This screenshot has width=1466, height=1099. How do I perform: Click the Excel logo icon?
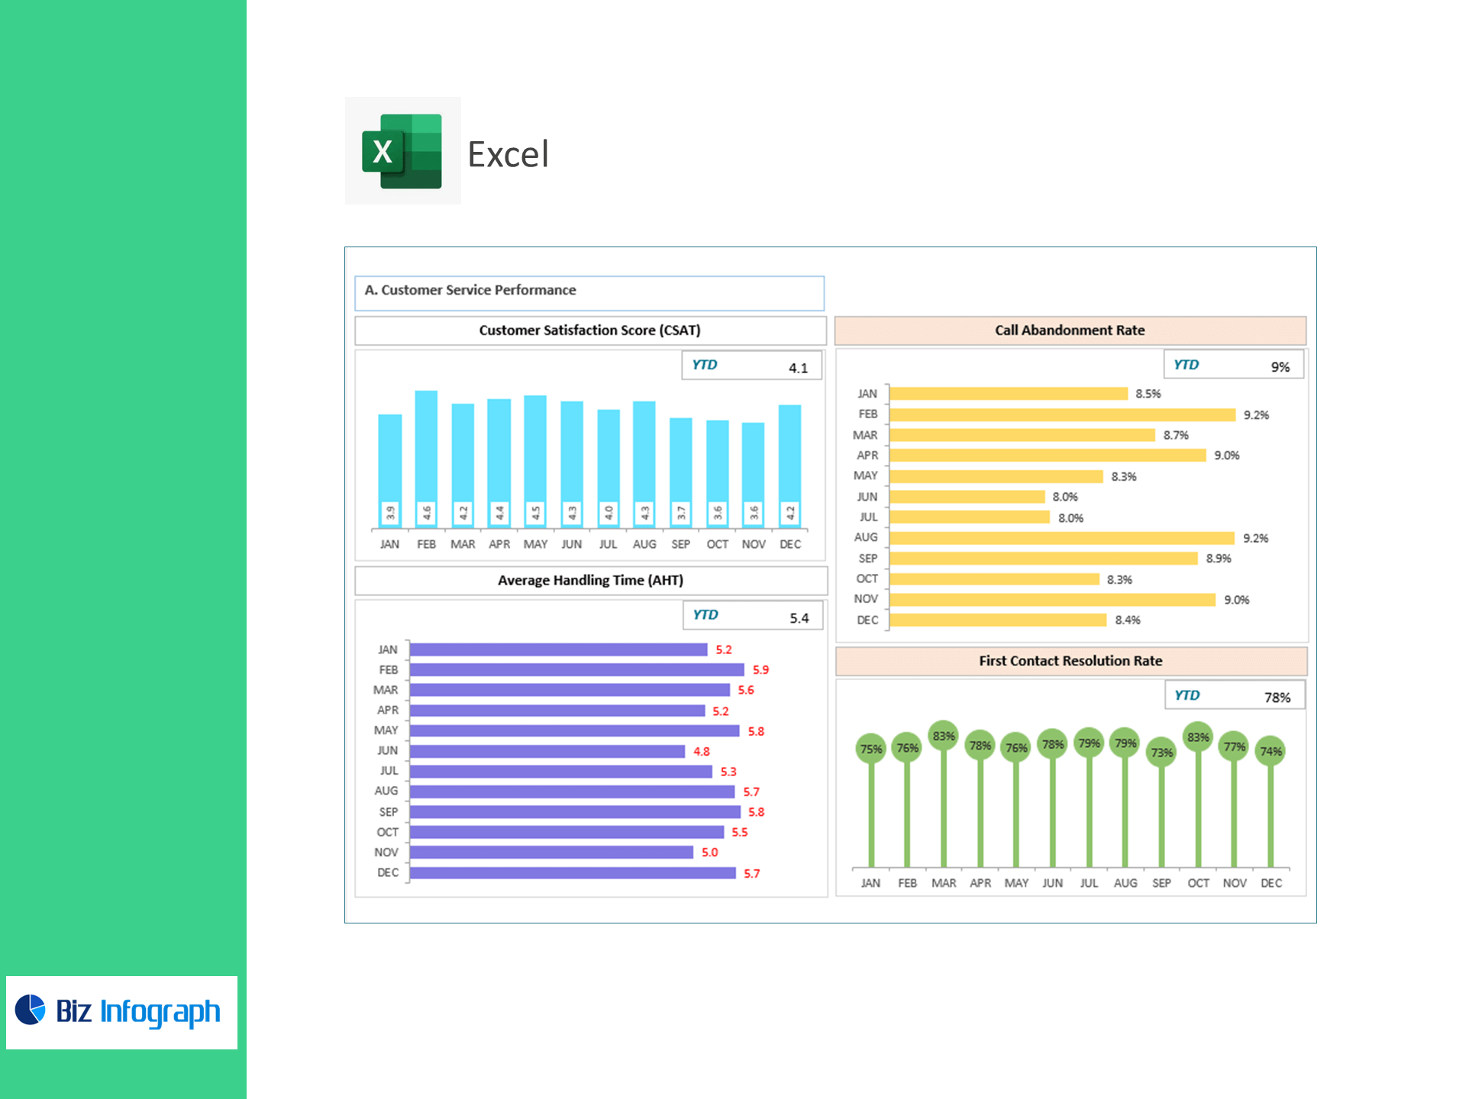point(402,151)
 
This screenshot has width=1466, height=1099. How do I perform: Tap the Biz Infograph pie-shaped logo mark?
point(31,1010)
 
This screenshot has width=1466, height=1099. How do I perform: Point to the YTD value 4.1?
point(798,368)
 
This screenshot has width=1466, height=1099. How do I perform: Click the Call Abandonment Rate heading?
point(1069,330)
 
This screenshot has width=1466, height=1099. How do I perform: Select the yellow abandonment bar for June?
point(967,497)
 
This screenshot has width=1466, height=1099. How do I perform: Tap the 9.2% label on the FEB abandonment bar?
point(1256,415)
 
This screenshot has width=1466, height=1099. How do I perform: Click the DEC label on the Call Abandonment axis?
point(867,620)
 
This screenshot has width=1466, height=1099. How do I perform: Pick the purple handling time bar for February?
point(576,670)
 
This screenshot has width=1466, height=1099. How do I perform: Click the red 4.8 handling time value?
point(702,752)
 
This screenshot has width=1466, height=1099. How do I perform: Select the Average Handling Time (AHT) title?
point(590,581)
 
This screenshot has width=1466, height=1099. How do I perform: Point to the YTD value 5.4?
point(799,618)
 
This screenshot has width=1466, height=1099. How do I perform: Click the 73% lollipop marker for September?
point(1161,753)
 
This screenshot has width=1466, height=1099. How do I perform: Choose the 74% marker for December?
point(1271,752)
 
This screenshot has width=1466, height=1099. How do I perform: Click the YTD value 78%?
point(1277,698)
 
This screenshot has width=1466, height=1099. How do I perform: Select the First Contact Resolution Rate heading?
point(1070,661)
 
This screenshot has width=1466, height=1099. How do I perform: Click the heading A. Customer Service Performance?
point(470,291)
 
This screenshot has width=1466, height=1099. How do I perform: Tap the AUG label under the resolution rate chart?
point(1125,883)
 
